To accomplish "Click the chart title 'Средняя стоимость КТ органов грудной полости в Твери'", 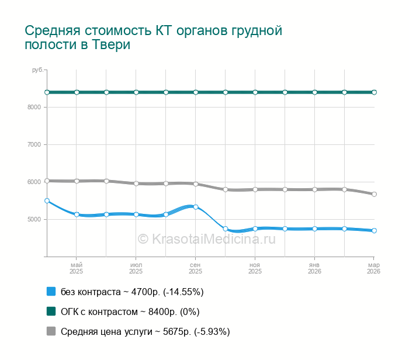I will tap(154, 37).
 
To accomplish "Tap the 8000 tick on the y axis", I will tap(33, 107).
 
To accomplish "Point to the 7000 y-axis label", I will tap(33, 144).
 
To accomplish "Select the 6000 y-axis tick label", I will tap(33, 182).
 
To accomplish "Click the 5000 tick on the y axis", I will tap(33, 219).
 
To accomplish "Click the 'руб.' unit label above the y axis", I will tap(37, 70).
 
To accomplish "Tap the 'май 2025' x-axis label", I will tap(77, 268).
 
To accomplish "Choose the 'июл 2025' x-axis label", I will tap(136, 268).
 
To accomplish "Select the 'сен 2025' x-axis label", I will tap(196, 268).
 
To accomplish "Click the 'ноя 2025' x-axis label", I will tap(255, 268).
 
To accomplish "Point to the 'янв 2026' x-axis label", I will tap(314, 268).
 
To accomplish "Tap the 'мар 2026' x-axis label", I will tap(373, 268).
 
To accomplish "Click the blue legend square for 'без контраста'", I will tap(51, 292).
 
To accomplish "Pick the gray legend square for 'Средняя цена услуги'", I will tap(51, 331).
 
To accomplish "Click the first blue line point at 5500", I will tap(47, 200).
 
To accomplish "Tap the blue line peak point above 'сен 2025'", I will tap(196, 207).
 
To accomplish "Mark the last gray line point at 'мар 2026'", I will tap(374, 194).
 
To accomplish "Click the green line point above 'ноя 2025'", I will tap(255, 92).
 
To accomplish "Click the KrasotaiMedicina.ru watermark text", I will tap(206, 238).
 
